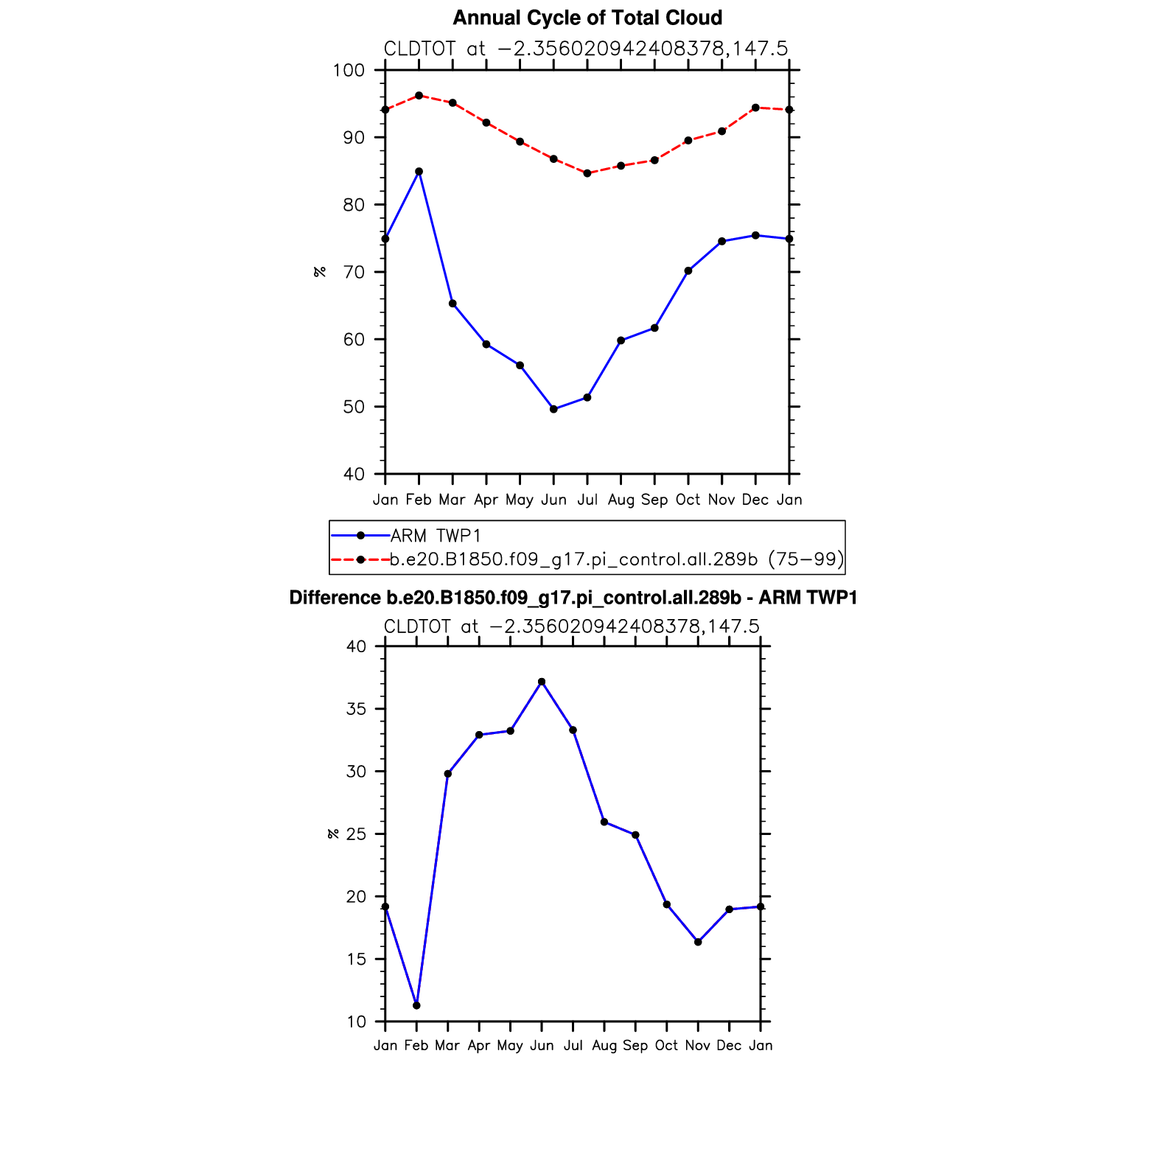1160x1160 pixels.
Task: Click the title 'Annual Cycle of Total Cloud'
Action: (587, 18)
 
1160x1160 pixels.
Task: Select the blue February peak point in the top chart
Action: (419, 172)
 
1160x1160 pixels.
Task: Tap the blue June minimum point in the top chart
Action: (553, 409)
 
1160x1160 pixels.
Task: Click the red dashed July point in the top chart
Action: (587, 173)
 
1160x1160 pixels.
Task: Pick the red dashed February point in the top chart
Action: (419, 95)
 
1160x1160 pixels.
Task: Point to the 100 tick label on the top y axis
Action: (349, 71)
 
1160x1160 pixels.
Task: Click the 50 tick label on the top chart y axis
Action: (354, 407)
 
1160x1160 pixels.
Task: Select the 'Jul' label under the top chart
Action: (587, 500)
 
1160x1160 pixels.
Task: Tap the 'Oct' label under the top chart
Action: (688, 500)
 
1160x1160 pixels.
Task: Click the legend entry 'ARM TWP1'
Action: (435, 536)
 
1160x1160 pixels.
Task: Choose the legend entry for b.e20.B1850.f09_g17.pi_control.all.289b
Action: (616, 559)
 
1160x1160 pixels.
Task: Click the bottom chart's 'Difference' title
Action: (573, 598)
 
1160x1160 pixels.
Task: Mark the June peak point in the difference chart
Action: (542, 682)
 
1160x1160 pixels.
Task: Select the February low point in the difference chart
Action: (416, 1005)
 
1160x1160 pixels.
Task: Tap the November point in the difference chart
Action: (698, 942)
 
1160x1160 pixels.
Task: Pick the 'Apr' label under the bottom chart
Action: (479, 1045)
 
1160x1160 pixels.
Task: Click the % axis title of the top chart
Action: (320, 272)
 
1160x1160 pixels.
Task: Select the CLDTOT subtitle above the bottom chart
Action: (572, 626)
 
